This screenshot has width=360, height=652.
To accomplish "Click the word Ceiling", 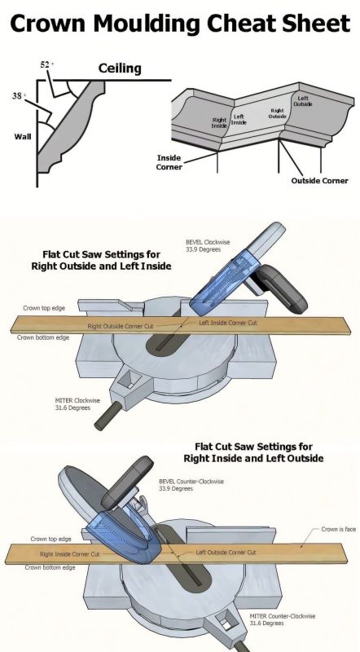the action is coord(120,68).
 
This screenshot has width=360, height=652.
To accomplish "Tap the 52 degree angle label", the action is coord(46,64).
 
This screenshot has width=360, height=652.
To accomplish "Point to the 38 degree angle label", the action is coord(18,95).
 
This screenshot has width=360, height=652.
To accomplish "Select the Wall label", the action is coord(23,136).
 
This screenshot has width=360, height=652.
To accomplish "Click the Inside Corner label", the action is coord(169,162).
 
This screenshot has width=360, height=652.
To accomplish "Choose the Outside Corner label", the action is coord(319,181).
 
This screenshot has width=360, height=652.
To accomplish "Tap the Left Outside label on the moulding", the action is coord(303,101).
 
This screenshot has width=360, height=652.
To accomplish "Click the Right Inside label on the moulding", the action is coord(219,123).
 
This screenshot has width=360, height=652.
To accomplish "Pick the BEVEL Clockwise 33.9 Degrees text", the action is coord(208,246).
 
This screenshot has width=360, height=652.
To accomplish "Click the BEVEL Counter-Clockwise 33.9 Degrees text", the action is coord(191,485).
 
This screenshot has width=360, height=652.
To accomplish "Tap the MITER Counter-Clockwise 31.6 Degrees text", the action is coord(283,619).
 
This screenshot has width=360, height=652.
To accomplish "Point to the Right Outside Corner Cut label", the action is coord(121,327).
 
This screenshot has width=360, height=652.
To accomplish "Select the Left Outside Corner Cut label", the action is coord(226,553).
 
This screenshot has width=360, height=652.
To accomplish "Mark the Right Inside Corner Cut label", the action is coord(70,554).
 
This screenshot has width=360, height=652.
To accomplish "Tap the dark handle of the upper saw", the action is coord(283,290).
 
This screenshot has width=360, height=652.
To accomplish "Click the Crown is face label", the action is coord(338,529).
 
